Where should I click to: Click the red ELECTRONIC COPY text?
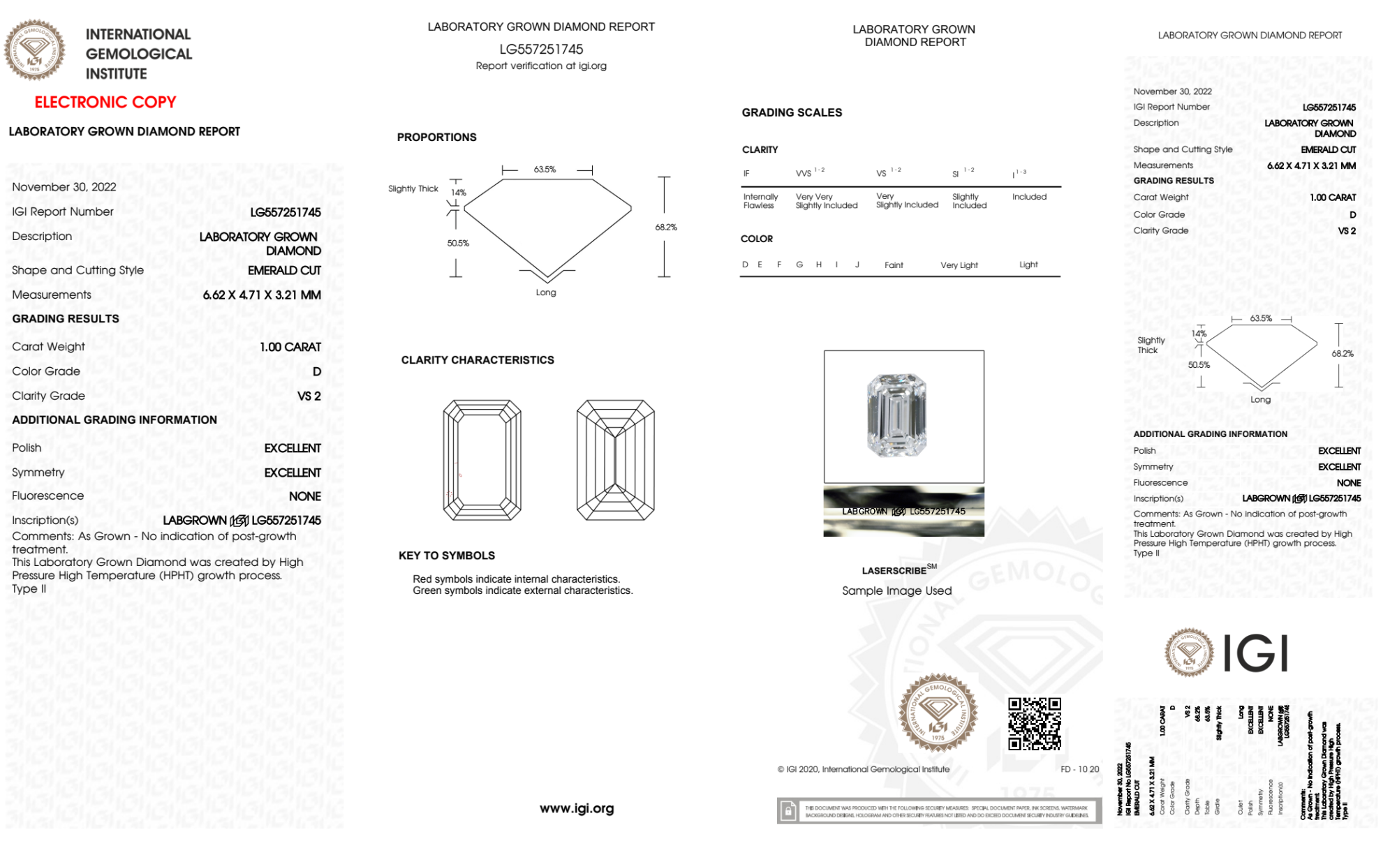[105, 103]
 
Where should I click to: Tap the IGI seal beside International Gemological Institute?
[34, 50]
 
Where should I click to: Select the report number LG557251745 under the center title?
[541, 50]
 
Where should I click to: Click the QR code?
[1034, 724]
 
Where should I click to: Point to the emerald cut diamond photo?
[897, 416]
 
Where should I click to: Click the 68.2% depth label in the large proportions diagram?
[666, 228]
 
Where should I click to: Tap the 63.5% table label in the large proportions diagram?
[545, 170]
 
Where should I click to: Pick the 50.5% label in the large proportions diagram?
[458, 244]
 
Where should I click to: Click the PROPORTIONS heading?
[437, 137]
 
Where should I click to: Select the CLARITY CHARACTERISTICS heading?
[478, 360]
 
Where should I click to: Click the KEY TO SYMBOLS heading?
[447, 556]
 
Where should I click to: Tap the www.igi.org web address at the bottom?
[577, 808]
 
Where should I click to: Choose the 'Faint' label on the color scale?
[894, 265]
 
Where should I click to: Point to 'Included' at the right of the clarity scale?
[1029, 197]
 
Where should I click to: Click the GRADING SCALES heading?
[792, 112]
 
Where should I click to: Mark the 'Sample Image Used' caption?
[896, 590]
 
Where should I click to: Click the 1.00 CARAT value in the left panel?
[290, 347]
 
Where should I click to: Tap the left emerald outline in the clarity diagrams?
[482, 460]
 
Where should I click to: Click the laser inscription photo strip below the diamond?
[903, 512]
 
